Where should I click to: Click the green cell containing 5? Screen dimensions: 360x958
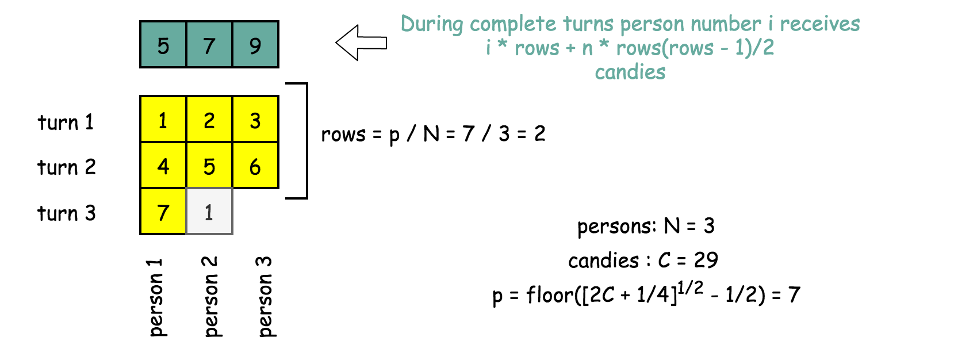163,45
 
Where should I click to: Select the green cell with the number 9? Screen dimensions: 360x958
255,45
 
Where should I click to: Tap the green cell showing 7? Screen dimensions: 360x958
209,45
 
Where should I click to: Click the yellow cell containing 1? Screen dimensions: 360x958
163,120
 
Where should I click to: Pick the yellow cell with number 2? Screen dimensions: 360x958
209,120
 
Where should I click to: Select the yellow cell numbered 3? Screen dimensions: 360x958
255,120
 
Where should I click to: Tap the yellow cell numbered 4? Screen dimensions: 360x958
163,166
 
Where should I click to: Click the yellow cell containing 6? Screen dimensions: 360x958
255,166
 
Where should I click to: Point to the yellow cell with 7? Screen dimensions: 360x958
163,212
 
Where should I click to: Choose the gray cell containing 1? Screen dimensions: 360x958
209,212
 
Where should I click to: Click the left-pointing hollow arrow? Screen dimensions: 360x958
361,43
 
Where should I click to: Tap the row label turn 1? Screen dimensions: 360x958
66,122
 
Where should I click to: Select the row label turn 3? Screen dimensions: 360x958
66,213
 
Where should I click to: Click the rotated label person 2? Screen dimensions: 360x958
210,296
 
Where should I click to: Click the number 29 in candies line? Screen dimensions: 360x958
706,260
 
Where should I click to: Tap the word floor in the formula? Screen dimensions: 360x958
550,295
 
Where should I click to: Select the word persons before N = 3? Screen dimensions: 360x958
616,227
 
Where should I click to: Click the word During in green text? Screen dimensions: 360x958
432,24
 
